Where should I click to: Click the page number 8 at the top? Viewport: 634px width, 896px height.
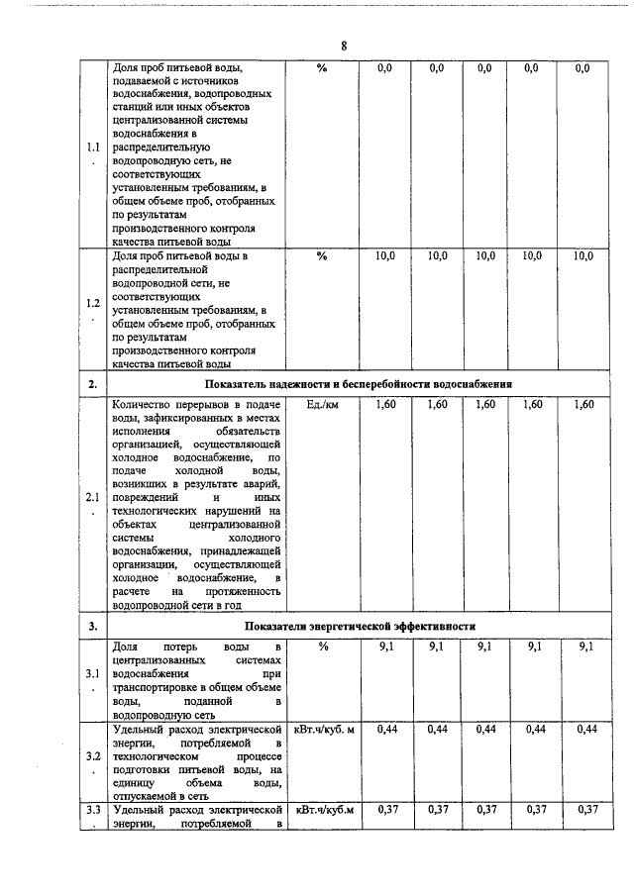pyautogui.click(x=344, y=46)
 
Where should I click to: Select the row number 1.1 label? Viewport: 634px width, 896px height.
pyautogui.click(x=92, y=149)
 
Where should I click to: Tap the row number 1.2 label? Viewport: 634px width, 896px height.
pyautogui.click(x=92, y=303)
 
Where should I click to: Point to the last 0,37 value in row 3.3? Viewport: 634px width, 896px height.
pyautogui.click(x=589, y=810)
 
